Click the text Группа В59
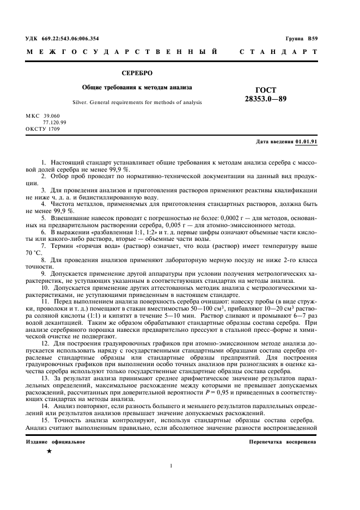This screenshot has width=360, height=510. coord(301,39)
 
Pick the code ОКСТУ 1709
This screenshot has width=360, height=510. coord(42,129)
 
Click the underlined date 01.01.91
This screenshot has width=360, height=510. coord(306,141)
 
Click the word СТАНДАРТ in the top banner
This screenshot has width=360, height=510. coord(278,52)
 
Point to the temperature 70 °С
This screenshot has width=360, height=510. coord(34,253)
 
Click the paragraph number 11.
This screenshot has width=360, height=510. coord(45,301)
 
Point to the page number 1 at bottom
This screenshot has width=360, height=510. coord(171,465)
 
